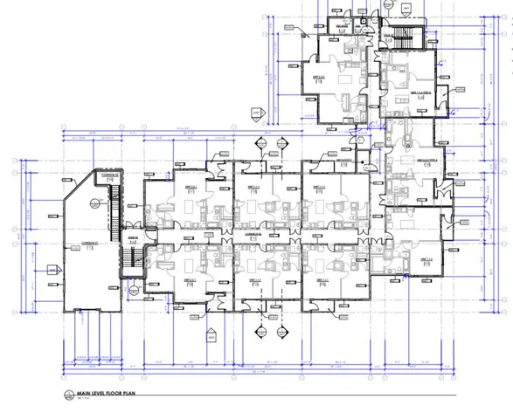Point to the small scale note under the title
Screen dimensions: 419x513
coord(87,402)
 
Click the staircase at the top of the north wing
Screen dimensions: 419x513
coord(403,36)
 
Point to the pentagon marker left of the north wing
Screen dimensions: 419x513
coord(257,113)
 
